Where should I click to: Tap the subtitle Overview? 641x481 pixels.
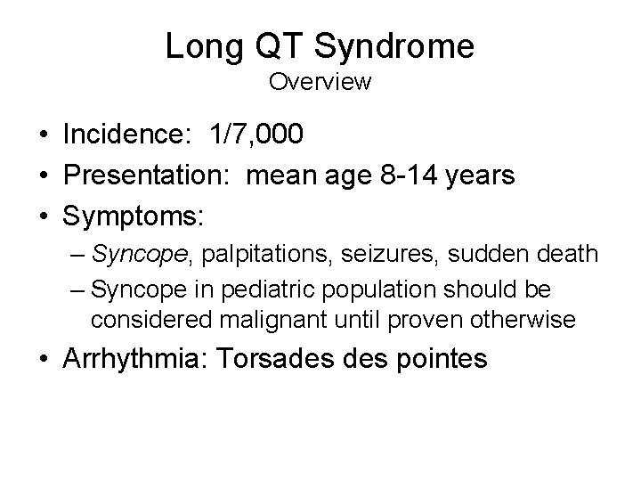[x=320, y=83]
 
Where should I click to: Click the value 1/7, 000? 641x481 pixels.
[x=256, y=135]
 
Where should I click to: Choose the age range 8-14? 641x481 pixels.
[x=418, y=175]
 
